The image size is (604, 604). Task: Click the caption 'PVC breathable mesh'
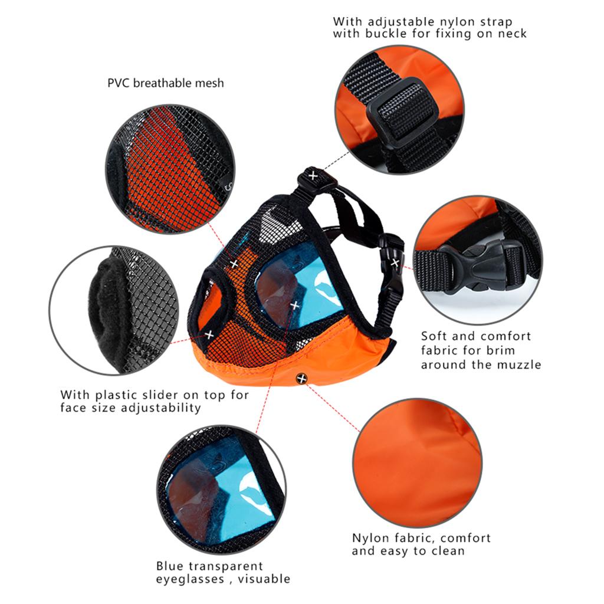coord(166,83)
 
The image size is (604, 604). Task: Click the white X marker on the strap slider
coord(313,176)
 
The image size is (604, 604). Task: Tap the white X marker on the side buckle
coord(395,263)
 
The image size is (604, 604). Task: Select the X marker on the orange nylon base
coord(302,379)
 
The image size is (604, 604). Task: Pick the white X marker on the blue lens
coord(295,306)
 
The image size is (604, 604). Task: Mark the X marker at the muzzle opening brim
coord(209,335)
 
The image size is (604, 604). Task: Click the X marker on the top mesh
coord(234,264)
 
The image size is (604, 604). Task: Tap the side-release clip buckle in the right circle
coord(481,266)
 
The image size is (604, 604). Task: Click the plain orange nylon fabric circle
coord(417,462)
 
